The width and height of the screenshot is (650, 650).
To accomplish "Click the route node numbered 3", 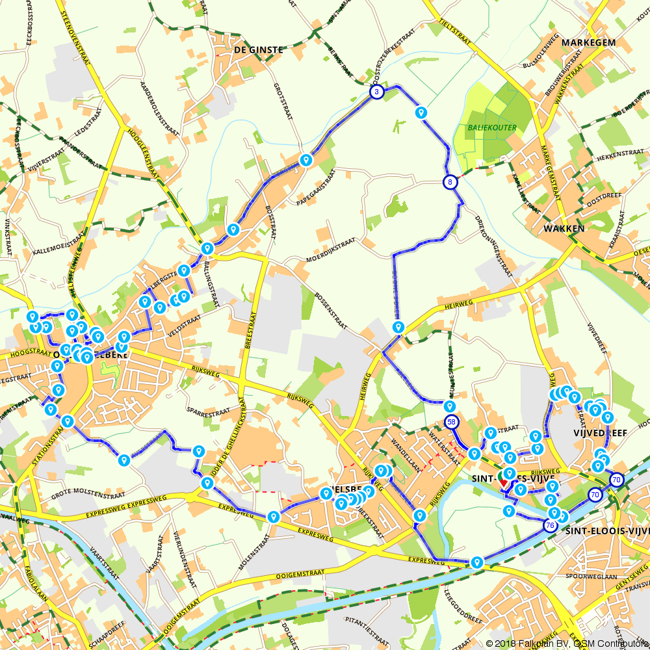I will tap(376, 92).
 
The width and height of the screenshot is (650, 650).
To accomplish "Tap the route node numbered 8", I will tap(450, 182).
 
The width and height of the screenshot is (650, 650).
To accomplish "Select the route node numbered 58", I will tap(452, 422).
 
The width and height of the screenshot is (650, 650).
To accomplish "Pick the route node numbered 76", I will tap(551, 525).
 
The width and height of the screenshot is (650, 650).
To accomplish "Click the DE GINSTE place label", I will tap(259, 49).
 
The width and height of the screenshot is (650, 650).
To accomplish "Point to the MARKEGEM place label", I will tap(588, 42).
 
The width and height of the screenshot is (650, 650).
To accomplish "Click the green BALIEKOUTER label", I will tap(492, 128).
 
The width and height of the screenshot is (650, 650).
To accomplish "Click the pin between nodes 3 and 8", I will tap(421, 113).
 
